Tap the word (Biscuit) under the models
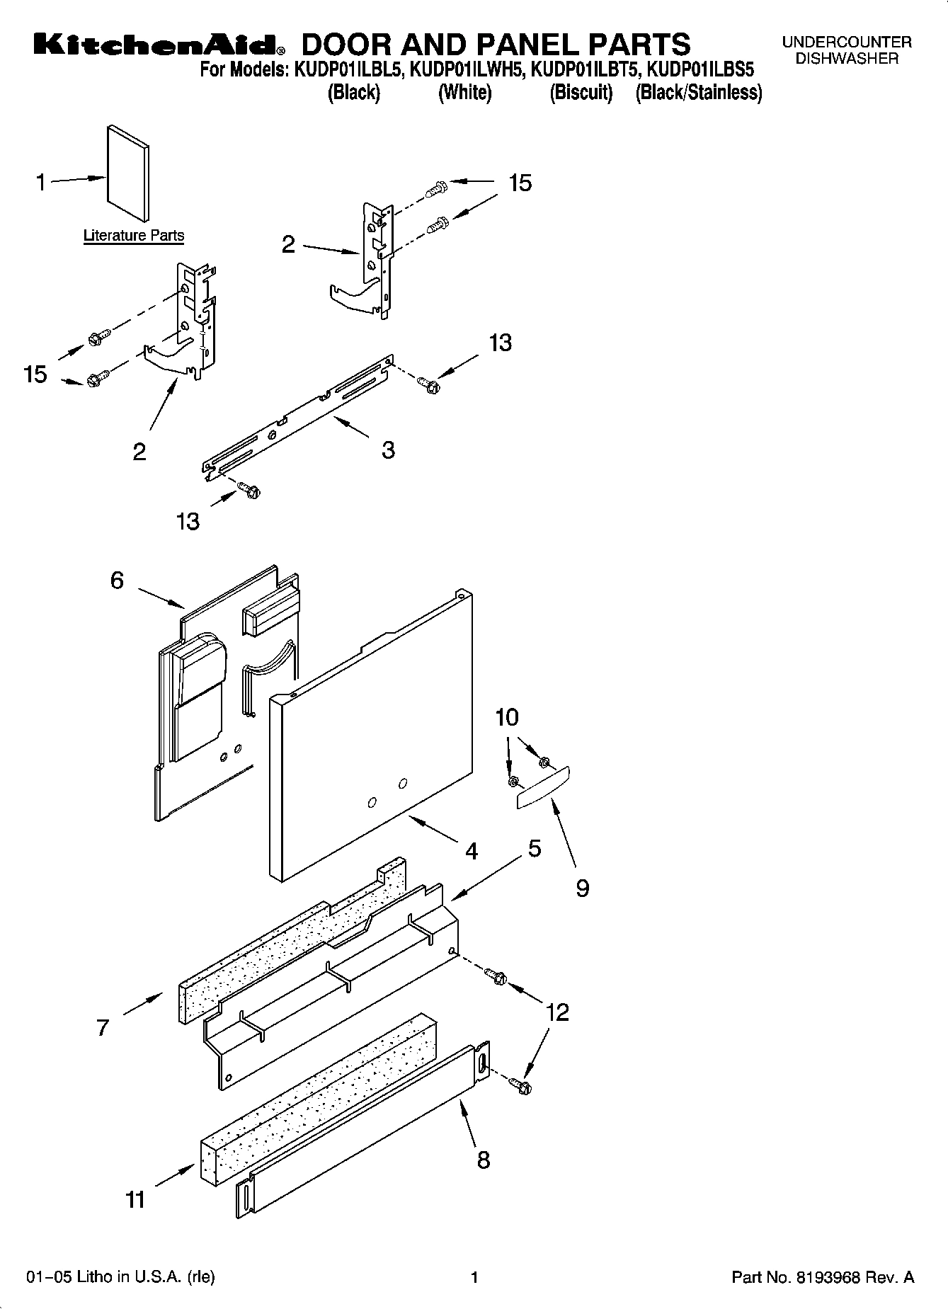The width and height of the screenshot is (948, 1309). tap(581, 93)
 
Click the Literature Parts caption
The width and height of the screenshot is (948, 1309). tap(134, 236)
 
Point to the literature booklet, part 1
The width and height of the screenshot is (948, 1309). tap(128, 173)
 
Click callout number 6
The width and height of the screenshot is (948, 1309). tap(117, 581)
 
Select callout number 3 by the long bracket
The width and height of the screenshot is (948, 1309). tap(388, 450)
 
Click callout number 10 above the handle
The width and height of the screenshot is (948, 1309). tap(507, 717)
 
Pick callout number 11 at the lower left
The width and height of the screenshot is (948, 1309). tap(135, 1199)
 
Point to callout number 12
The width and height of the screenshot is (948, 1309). tap(558, 1012)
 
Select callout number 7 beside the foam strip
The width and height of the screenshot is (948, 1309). tap(103, 1027)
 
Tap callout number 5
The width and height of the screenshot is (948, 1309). tap(535, 848)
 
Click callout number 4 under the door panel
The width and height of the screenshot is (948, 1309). tap(472, 850)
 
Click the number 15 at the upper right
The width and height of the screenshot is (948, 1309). tap(520, 183)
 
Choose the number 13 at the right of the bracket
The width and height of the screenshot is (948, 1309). tap(500, 343)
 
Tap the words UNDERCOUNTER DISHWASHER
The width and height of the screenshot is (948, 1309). tap(847, 50)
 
